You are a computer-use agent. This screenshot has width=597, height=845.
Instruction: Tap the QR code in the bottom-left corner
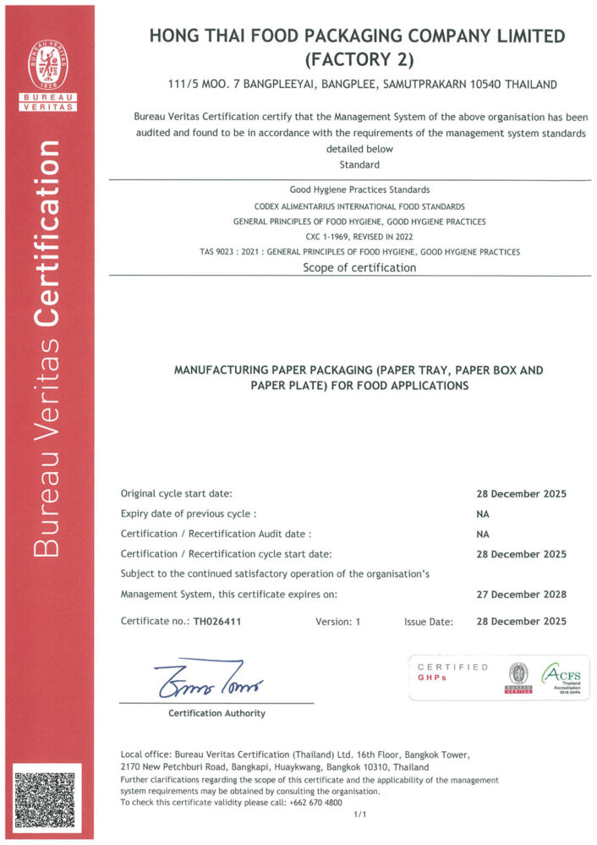[x=47, y=797]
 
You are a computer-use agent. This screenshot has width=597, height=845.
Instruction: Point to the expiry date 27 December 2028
[x=521, y=594]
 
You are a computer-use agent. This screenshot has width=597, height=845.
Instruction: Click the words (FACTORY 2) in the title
[x=355, y=60]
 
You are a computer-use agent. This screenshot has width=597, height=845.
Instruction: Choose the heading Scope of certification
[x=359, y=267]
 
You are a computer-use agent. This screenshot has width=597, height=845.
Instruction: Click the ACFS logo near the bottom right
[x=561, y=676]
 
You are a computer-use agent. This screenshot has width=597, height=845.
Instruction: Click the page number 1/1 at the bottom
[x=359, y=815]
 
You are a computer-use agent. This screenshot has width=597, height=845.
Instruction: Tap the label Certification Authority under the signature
[x=216, y=713]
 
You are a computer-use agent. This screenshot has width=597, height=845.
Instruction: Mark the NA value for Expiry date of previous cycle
[x=483, y=513]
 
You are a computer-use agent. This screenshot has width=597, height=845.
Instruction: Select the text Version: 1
[x=337, y=622]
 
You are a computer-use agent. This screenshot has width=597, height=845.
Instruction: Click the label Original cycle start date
[x=176, y=493]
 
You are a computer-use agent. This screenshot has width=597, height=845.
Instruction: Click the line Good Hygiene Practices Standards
[x=359, y=189]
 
